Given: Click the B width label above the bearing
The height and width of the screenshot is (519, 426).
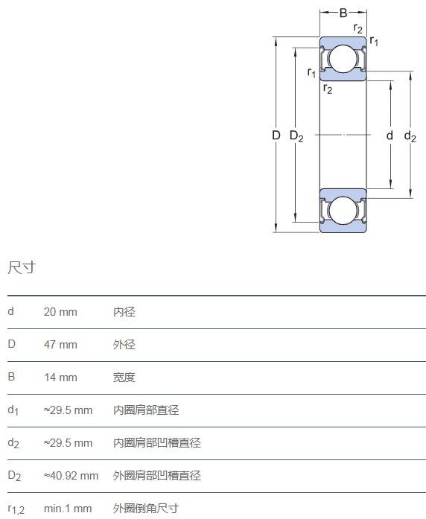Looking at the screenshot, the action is (343, 13).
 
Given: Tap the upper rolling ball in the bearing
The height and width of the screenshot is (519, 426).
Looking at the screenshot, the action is (343, 59).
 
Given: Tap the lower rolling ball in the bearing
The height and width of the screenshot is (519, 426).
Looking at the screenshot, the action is (343, 211).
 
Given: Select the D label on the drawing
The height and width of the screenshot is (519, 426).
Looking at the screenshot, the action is (276, 135).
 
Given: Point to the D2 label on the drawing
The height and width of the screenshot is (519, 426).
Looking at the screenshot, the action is (296, 136).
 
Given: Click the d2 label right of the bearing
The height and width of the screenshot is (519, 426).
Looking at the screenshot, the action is (410, 136).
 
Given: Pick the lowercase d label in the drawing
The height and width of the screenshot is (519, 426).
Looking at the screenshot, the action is (390, 135).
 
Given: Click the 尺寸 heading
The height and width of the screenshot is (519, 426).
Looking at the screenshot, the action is (22, 267).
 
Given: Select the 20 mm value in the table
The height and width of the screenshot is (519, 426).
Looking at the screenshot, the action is (60, 312).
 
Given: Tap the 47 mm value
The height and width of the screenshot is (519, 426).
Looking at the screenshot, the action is (60, 345).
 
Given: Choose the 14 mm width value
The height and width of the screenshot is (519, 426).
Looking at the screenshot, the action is (60, 378).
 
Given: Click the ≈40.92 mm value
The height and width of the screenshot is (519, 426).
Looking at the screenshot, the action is (71, 476).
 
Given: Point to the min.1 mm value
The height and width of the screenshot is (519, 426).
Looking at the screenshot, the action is (68, 509).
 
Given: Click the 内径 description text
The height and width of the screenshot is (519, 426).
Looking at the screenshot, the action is (124, 312).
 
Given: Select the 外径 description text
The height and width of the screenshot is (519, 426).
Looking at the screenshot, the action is (124, 345).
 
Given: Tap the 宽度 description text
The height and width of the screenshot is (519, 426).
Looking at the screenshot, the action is (124, 378).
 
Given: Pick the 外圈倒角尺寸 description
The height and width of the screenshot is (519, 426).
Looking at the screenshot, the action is (146, 509).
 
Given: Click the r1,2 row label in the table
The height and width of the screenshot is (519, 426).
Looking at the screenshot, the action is (16, 509).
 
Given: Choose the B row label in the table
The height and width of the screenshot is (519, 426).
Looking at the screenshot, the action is (11, 377).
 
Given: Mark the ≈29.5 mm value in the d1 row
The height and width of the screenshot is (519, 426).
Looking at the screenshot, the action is (68, 410).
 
